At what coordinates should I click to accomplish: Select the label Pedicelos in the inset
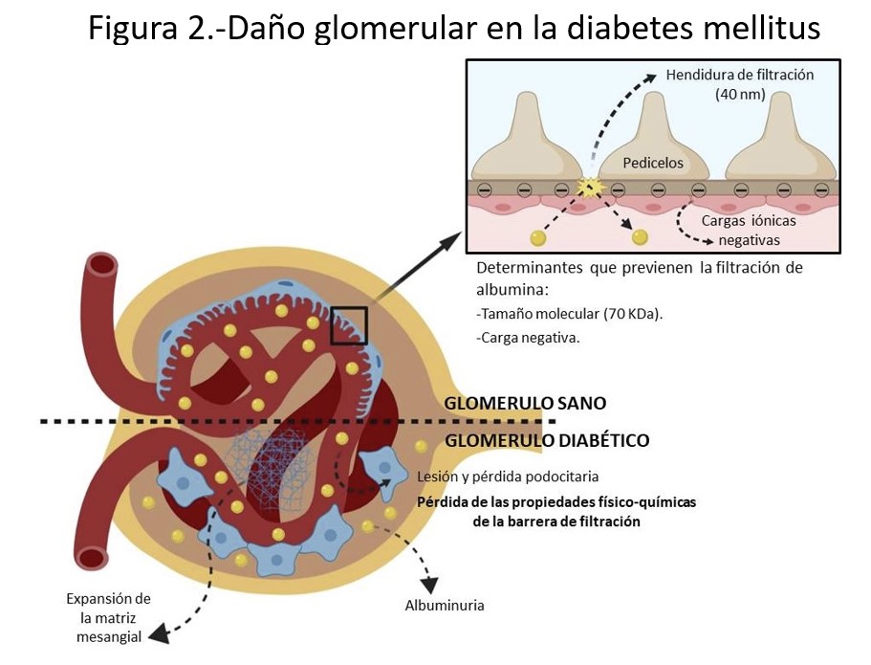[x=653, y=163]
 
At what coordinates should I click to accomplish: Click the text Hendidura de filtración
[x=740, y=75]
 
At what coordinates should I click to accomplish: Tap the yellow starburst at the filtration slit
[x=590, y=188]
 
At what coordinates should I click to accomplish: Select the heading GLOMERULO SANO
[x=525, y=403]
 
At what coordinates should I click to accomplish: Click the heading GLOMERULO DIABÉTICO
[x=547, y=441]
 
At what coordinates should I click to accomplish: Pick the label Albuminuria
[x=445, y=606]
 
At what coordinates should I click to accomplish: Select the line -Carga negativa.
[x=527, y=337]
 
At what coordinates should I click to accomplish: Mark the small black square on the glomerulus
[x=348, y=325]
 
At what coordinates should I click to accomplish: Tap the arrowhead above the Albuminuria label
[x=432, y=583]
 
